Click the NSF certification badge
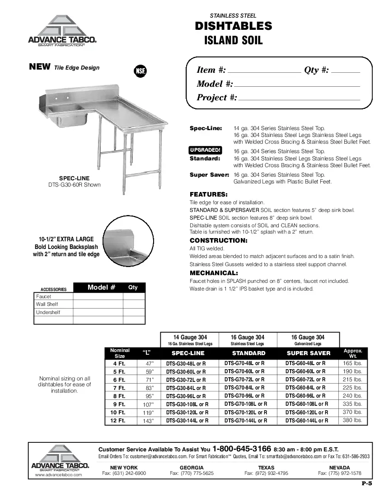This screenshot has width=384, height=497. (x=140, y=71)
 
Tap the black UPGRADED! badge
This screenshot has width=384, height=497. (x=206, y=150)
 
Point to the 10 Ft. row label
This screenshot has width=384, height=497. (x=118, y=413)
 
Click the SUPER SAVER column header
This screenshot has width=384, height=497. (x=309, y=353)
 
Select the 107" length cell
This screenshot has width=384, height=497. (x=149, y=404)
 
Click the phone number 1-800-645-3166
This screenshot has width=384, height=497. (x=242, y=449)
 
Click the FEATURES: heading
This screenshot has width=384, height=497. (x=208, y=194)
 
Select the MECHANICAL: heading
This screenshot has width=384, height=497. (x=214, y=273)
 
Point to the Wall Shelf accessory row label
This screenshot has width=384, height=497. (x=47, y=305)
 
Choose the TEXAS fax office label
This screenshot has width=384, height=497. (x=266, y=467)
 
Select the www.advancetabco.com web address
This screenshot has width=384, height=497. (x=59, y=475)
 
